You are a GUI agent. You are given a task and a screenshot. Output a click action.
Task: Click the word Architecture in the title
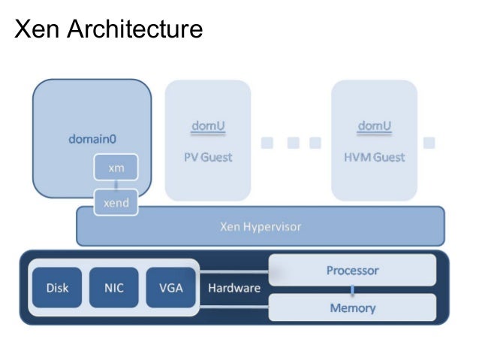[131, 29]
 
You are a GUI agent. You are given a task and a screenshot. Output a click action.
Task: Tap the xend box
[116, 201]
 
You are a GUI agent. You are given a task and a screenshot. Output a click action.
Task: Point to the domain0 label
[93, 139]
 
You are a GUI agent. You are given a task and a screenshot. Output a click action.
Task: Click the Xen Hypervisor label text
[261, 225]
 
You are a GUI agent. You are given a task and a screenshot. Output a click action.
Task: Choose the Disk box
[58, 288]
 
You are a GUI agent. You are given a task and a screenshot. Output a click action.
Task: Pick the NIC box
[113, 288]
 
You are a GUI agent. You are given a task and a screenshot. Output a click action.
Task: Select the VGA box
[170, 288]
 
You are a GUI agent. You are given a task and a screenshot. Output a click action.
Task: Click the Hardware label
[234, 288]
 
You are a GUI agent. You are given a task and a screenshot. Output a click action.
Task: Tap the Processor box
[352, 270]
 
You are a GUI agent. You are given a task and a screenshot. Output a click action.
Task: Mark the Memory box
[352, 307]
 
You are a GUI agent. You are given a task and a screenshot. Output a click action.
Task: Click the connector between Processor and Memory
[352, 289]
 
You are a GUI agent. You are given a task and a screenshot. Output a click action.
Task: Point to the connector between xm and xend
[116, 185]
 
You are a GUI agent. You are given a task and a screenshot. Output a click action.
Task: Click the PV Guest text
[208, 157]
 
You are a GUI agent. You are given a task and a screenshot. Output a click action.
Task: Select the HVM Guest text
[375, 157]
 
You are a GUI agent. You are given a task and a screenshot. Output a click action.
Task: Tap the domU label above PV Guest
[208, 125]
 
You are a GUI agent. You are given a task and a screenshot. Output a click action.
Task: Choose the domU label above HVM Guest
[375, 125]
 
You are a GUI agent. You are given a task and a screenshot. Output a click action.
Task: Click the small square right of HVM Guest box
[429, 142]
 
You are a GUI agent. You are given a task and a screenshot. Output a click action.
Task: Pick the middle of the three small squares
[293, 142]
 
